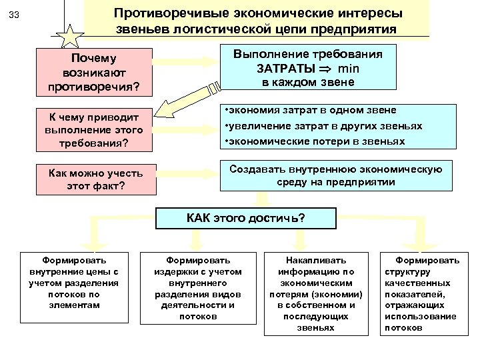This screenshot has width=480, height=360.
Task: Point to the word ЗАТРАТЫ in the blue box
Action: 288,68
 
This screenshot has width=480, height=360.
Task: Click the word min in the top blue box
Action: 351,68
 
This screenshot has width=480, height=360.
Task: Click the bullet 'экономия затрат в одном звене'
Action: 311,110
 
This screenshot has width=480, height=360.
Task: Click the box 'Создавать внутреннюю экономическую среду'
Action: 336,175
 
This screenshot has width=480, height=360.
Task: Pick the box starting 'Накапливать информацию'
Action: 306,293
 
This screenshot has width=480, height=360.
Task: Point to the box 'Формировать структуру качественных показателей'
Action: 427,293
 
